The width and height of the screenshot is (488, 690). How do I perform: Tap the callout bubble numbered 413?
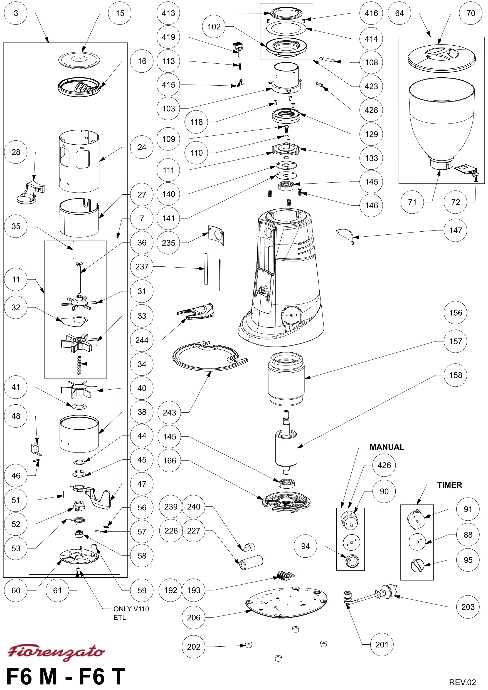pyautogui.click(x=168, y=13)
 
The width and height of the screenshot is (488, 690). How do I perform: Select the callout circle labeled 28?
pyautogui.click(x=16, y=152)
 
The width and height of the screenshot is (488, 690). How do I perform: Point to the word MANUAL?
pyautogui.click(x=387, y=447)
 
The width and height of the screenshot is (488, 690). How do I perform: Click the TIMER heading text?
pyautogui.click(x=450, y=485)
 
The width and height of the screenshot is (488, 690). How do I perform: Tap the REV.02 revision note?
pyautogui.click(x=462, y=682)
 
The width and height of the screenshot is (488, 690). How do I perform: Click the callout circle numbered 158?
pyautogui.click(x=455, y=375)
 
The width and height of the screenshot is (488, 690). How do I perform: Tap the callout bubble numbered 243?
pyautogui.click(x=169, y=412)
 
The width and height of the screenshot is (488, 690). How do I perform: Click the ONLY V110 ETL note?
pyautogui.click(x=131, y=613)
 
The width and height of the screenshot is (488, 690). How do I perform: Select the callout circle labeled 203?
pyautogui.click(x=468, y=607)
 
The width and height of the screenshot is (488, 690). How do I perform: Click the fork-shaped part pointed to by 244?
pyautogui.click(x=197, y=311)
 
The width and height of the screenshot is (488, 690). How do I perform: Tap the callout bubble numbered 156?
pyautogui.click(x=455, y=313)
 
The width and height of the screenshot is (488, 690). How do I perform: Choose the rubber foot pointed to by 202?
pyautogui.click(x=249, y=644)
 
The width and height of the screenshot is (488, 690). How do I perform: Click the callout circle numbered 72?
pyautogui.click(x=455, y=202)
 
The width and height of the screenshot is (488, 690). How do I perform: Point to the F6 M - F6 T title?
pyautogui.click(x=66, y=676)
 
